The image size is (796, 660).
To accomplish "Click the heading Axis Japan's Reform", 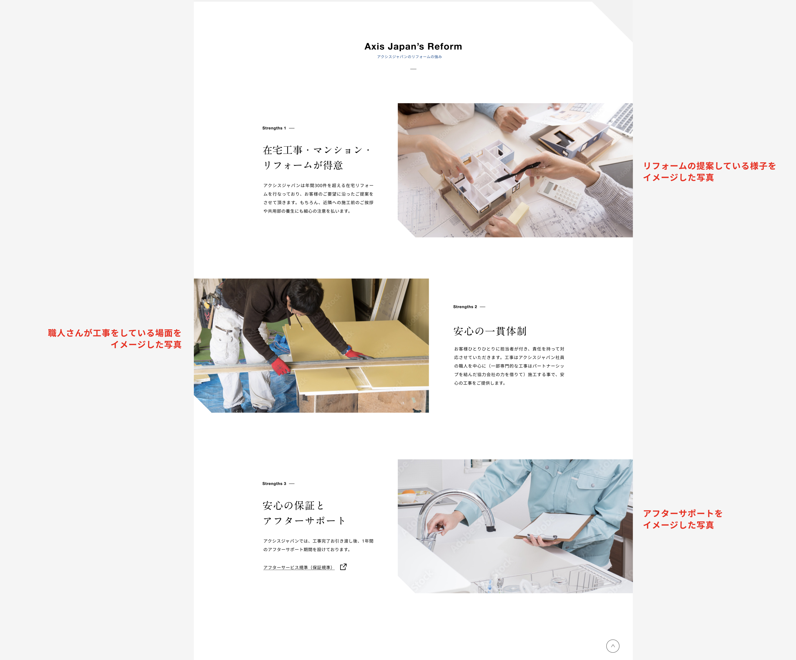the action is tap(413, 47).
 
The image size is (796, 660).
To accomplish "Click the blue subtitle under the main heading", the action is tap(409, 57).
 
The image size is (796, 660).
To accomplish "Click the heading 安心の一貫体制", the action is tap(490, 331).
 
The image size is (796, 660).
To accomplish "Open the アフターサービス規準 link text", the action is tap(298, 567).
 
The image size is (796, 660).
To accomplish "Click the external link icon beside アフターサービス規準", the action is tap(343, 567).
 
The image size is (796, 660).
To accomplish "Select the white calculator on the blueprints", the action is tap(559, 194).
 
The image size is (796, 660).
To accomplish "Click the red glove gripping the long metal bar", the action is tap(281, 366).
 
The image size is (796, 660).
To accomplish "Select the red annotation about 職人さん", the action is tap(114, 339).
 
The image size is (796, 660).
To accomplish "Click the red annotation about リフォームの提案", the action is tap(709, 172).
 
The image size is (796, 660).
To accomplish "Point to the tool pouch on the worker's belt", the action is tap(207, 311).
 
